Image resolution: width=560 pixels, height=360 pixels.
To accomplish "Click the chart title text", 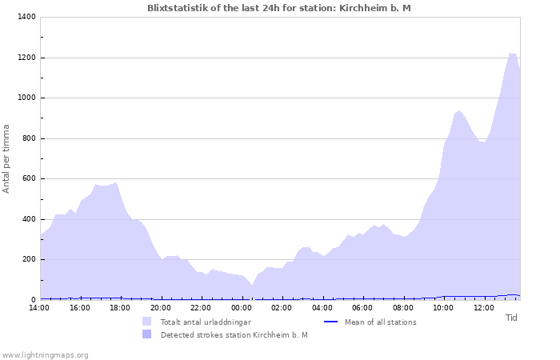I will (279, 8).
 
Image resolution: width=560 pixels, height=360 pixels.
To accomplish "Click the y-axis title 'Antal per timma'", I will (7, 158).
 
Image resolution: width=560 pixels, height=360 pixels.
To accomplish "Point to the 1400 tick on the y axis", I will (26, 18).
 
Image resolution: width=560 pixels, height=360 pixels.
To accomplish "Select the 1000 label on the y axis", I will (26, 98).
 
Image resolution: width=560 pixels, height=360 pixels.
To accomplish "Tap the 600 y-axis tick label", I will (29, 179).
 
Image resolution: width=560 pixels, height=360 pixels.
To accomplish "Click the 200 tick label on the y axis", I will (29, 260).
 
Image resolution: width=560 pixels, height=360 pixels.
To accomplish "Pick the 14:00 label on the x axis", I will (39, 308).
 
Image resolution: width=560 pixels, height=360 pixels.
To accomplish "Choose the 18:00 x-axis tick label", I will (120, 308).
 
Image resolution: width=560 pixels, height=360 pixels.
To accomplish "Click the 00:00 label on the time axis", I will (242, 308).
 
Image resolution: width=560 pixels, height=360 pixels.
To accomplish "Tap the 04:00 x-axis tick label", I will (322, 308).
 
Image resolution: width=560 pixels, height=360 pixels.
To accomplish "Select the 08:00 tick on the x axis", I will (403, 308).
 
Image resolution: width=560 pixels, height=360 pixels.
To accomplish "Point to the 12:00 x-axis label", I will (484, 308).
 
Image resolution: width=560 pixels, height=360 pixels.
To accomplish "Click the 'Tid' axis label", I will (512, 318).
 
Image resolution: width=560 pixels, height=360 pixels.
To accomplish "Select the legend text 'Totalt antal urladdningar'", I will (206, 322).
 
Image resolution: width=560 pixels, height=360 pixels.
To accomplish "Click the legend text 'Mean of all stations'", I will (380, 322).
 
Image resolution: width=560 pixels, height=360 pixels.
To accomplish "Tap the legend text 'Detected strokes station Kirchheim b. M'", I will (234, 335).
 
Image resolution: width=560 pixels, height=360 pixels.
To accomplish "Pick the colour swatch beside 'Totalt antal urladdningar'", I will (147, 322).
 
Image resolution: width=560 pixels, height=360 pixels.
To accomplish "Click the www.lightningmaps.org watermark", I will (45, 354).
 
